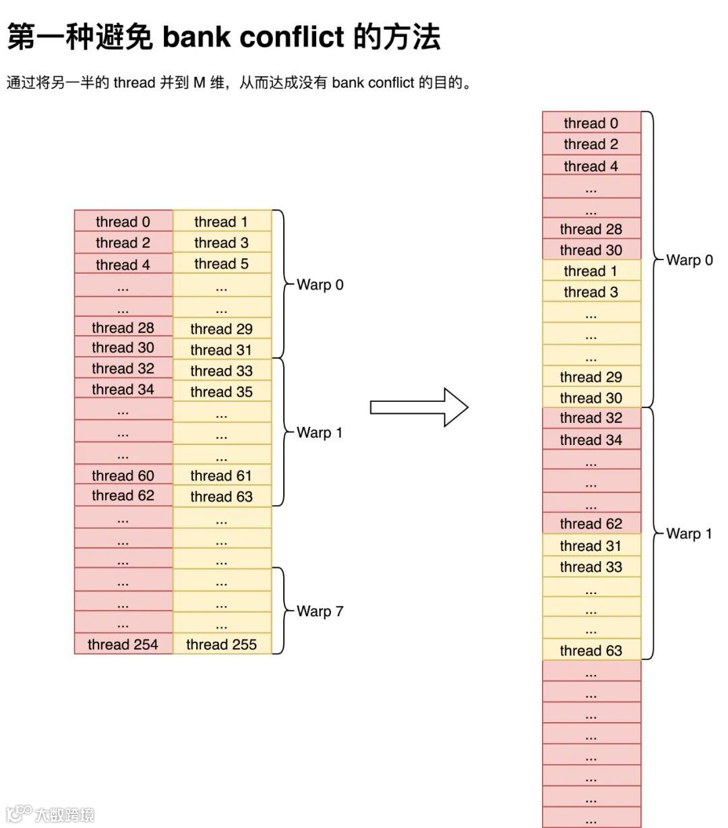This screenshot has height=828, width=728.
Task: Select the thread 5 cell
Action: [x=222, y=264]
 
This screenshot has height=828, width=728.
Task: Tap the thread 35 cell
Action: [x=222, y=392]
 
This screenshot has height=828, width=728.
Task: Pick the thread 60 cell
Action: [x=123, y=475]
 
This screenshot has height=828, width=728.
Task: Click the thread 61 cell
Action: [x=222, y=475]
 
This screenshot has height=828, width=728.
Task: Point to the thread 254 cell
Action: [x=123, y=645]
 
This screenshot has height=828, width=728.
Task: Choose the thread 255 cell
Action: [x=222, y=645]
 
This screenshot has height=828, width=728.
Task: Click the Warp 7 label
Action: [x=320, y=612]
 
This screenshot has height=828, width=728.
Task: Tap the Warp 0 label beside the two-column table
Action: [x=320, y=285]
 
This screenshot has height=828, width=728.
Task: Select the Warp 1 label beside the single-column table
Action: [x=689, y=534]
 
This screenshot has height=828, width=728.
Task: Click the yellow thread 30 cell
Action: [x=591, y=398]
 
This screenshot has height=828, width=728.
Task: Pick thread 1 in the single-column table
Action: [x=591, y=271]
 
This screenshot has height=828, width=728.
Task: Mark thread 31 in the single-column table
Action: [x=591, y=545]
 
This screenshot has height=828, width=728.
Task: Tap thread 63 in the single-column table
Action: [x=591, y=651]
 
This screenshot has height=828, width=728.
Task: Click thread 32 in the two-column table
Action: [x=123, y=369]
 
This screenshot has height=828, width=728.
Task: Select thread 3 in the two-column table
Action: [x=222, y=243]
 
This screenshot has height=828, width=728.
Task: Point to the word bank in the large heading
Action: [x=195, y=36]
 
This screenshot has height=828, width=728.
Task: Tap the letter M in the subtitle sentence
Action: [x=200, y=83]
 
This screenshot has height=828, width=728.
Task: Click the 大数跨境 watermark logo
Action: [x=51, y=814]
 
